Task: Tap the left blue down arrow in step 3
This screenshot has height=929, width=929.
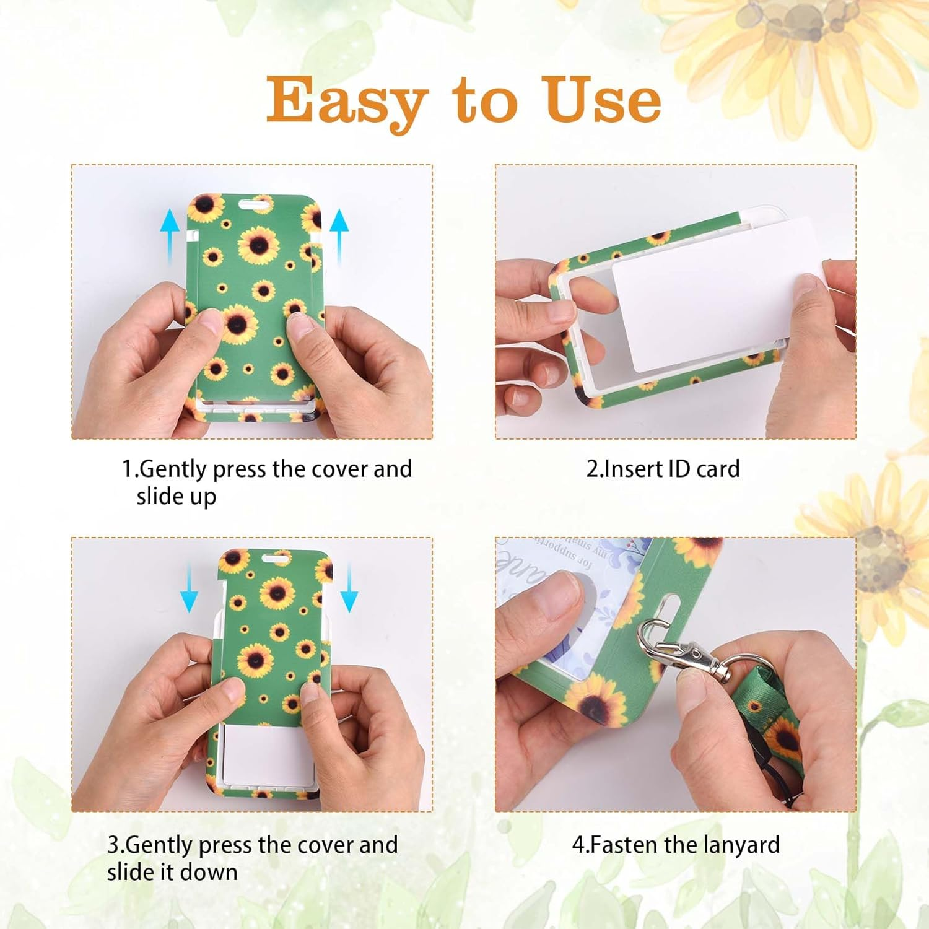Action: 188,588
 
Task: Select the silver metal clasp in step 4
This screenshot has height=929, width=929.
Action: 681,650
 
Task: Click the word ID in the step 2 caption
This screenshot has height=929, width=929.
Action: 679,469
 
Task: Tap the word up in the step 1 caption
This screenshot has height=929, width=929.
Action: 202,497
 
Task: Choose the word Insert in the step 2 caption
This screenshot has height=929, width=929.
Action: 634,469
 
